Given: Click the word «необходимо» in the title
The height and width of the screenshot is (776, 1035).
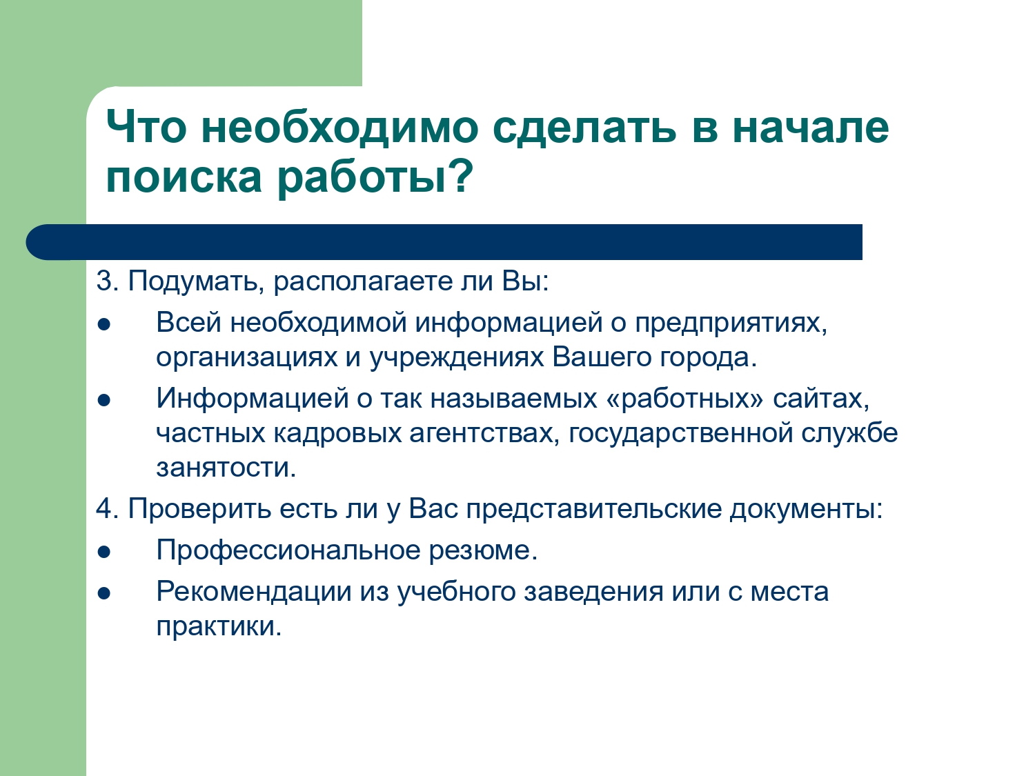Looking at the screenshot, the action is point(339,128).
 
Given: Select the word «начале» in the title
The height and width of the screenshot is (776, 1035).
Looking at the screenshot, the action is point(811,128).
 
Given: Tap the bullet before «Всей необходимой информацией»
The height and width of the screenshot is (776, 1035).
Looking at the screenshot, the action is point(103,325).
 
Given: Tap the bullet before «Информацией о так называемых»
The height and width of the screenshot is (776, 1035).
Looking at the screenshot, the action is point(103,401).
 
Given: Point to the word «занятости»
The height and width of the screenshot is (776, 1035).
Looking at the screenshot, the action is point(226,468).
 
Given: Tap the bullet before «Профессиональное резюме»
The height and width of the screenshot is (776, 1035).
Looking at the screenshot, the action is point(103,553).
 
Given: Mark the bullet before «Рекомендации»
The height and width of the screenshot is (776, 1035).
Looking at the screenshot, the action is point(103,594).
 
